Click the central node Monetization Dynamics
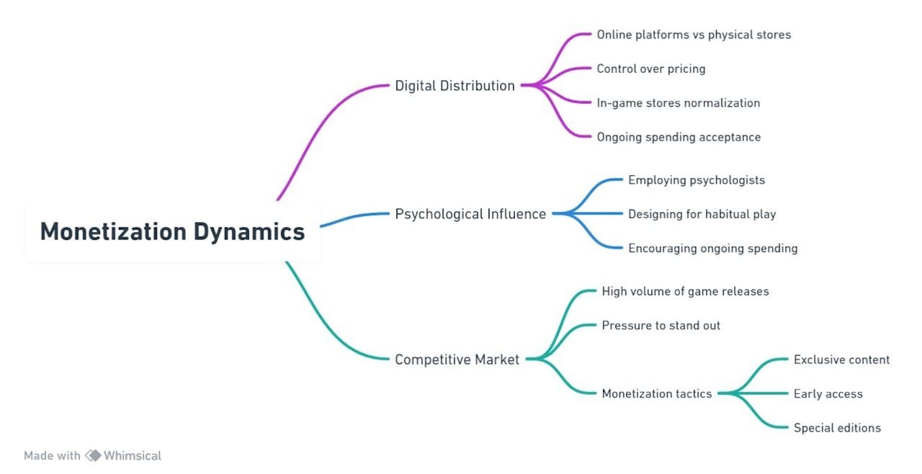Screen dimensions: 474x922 [172, 231]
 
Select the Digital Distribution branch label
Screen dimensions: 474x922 [455, 86]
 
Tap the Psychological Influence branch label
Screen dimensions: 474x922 [470, 214]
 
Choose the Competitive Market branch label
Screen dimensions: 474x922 [457, 360]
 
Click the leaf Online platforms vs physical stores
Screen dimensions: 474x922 [693, 35]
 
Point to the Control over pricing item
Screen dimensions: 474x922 [651, 69]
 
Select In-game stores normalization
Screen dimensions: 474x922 [678, 103]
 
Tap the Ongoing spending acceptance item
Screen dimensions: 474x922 [678, 138]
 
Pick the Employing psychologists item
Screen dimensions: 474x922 [696, 181]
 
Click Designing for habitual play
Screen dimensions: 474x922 [701, 214]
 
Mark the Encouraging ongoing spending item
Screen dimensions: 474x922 [712, 249]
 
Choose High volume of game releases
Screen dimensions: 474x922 [685, 292]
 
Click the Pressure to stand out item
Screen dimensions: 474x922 [661, 326]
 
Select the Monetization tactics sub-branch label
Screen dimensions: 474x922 [656, 394]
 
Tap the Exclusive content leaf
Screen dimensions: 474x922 [841, 360]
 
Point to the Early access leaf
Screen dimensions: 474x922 [827, 394]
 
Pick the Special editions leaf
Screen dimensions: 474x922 [837, 428]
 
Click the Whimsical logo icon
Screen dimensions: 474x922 [93, 456]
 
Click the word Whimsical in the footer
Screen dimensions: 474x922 [132, 456]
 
